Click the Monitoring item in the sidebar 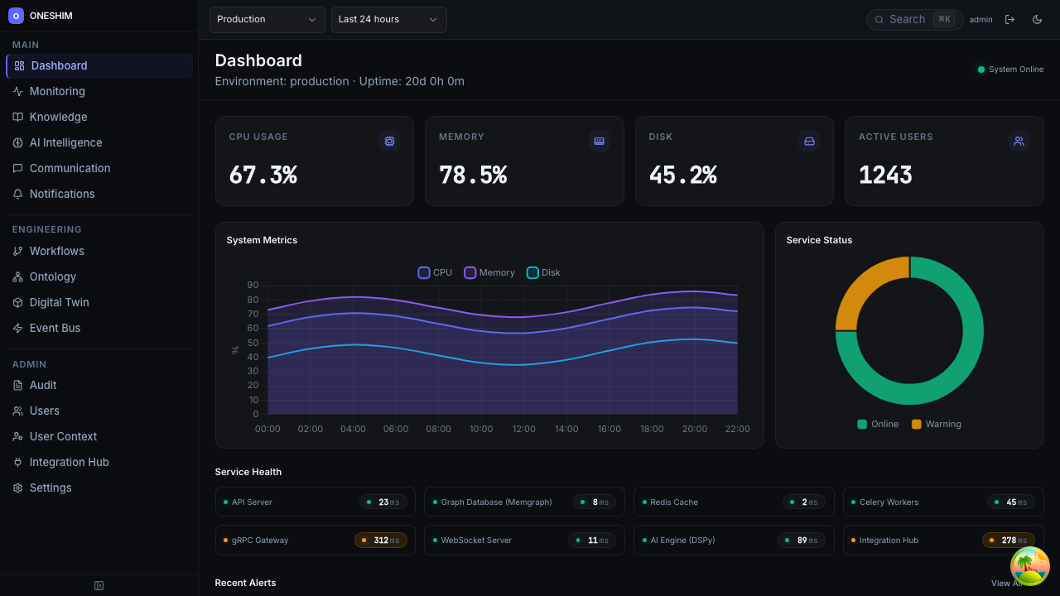(x=57, y=91)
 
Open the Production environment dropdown (x=267, y=19)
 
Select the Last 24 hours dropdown (x=388, y=19)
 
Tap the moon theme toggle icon (x=1037, y=20)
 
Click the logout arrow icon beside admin (x=1009, y=20)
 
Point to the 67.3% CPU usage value (x=263, y=175)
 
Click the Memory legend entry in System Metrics (x=489, y=272)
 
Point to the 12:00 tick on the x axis (x=523, y=429)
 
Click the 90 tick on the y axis (x=253, y=286)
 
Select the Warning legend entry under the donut (x=936, y=424)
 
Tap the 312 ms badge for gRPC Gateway (x=381, y=541)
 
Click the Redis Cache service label (x=673, y=502)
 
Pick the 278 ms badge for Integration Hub (x=1008, y=541)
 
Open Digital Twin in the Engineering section (x=59, y=302)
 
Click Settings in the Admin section (x=51, y=488)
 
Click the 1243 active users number (x=885, y=175)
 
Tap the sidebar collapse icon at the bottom (x=99, y=585)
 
